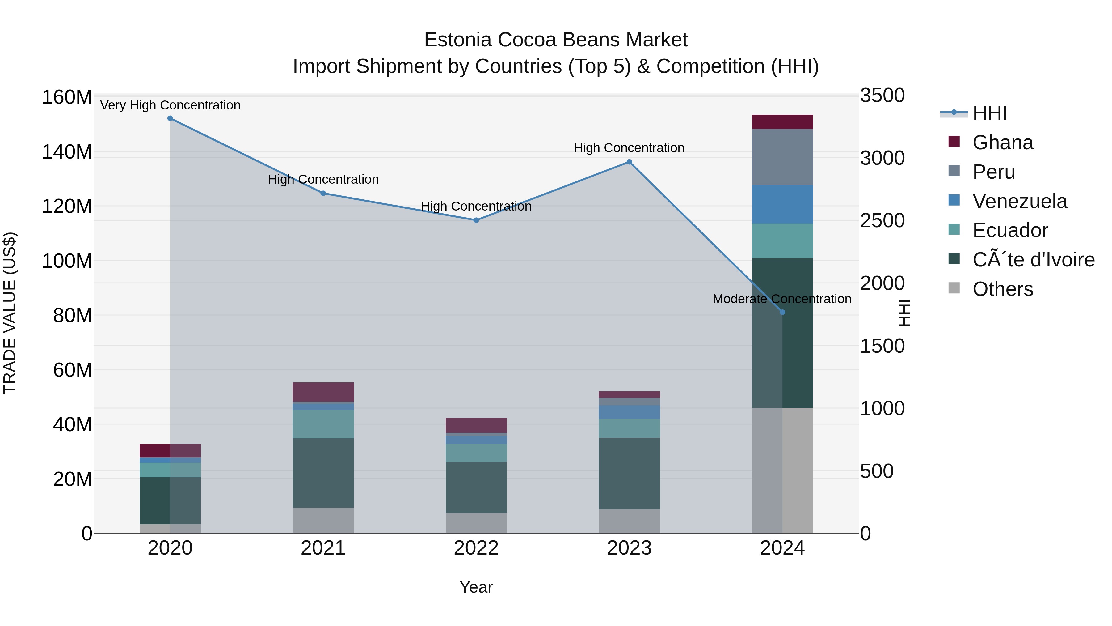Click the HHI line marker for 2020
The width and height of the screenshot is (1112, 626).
170,118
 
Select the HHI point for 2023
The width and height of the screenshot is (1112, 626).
629,162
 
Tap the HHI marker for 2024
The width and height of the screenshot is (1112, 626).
782,312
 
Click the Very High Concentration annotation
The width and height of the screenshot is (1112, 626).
170,105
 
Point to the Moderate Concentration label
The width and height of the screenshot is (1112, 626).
782,299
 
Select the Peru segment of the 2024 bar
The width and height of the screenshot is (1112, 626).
782,157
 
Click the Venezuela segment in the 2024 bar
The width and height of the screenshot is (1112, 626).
782,204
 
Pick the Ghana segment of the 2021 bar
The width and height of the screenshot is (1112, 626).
323,392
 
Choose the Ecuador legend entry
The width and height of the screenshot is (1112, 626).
1010,230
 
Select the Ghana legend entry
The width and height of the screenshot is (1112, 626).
1002,143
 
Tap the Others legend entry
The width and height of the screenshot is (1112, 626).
1002,289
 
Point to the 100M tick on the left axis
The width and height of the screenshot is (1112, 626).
67,261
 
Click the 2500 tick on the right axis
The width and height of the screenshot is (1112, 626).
882,220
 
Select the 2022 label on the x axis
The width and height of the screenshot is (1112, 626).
476,548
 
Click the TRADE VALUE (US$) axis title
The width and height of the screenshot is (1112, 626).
10,313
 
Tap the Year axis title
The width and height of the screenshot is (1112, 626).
476,587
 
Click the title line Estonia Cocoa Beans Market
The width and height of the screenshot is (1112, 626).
556,40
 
